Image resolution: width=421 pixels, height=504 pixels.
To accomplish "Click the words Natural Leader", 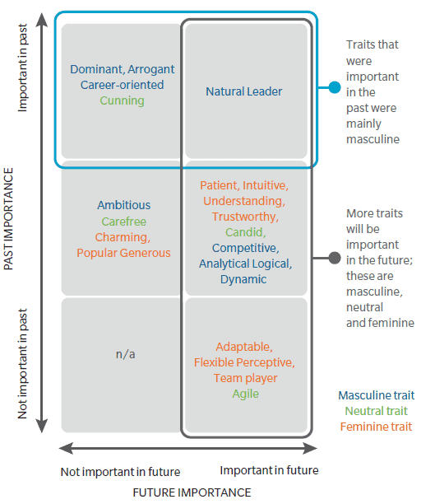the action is tap(244, 91).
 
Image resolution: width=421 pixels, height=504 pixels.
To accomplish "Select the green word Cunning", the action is tap(122, 101).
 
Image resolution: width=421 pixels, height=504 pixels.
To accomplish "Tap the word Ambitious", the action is tap(124, 205).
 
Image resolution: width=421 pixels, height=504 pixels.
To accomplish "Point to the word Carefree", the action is tap(124, 222).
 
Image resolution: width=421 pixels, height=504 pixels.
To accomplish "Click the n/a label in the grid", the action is tap(125, 354).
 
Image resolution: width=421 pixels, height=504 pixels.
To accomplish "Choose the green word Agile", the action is tap(246, 394).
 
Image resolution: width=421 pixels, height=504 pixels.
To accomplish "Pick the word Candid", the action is tap(246, 232).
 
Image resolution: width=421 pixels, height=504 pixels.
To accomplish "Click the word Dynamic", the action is tap(243, 279).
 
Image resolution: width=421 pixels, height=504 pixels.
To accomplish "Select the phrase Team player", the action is tap(246, 378).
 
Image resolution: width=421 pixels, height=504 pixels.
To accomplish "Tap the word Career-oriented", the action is tap(123, 85).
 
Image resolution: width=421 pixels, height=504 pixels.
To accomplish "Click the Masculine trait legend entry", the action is tap(376, 395).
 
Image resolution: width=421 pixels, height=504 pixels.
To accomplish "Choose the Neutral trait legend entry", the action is tap(376, 411).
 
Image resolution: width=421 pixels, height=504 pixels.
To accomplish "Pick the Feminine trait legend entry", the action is tap(376, 427).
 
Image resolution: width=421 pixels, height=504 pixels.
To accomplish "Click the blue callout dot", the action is tap(335, 87).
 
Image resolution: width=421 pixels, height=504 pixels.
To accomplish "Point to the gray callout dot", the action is tap(335, 258).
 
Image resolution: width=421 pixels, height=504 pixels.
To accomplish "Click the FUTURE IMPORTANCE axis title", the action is tap(192, 492).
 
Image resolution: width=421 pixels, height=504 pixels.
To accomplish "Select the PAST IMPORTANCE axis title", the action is tap(8, 218).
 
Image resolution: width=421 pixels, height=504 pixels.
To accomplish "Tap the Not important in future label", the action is tap(120, 472).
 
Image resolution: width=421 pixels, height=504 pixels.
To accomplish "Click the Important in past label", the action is tap(22, 68).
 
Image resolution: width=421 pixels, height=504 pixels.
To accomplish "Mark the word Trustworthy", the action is tap(245, 217).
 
